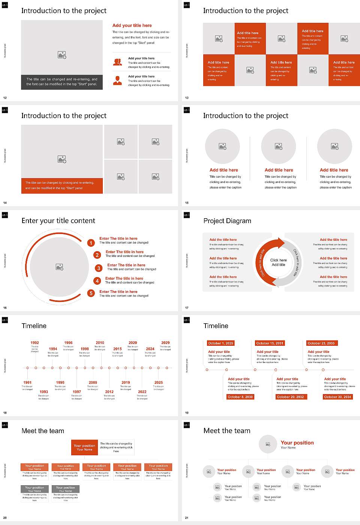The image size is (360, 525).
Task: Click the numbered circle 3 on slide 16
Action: click(99, 268)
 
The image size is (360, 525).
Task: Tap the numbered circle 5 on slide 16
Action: click(91, 293)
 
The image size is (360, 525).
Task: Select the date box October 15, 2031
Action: click(270, 343)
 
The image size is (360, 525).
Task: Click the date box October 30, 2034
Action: click(337, 397)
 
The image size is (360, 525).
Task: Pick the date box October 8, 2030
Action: click(240, 397)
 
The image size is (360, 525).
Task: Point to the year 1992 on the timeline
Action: click(34, 343)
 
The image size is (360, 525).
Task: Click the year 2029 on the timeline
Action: click(165, 343)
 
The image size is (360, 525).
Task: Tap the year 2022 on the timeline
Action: click(142, 391)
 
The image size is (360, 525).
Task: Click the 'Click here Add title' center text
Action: click(278, 262)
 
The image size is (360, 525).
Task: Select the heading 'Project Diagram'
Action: click(227, 221)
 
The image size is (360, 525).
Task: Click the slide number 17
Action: click(187, 308)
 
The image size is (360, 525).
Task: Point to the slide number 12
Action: click(5, 98)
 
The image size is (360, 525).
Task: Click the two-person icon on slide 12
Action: click(117, 62)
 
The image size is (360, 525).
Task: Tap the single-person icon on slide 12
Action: click(117, 80)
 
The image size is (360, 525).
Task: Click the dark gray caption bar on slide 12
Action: click(62, 82)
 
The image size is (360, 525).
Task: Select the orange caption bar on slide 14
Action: click(62, 186)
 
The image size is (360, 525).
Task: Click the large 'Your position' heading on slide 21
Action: click(297, 442)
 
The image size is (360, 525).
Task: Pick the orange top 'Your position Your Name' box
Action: click(85, 447)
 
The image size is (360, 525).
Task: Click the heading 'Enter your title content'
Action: click(58, 221)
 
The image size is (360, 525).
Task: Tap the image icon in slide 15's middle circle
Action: click(278, 146)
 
